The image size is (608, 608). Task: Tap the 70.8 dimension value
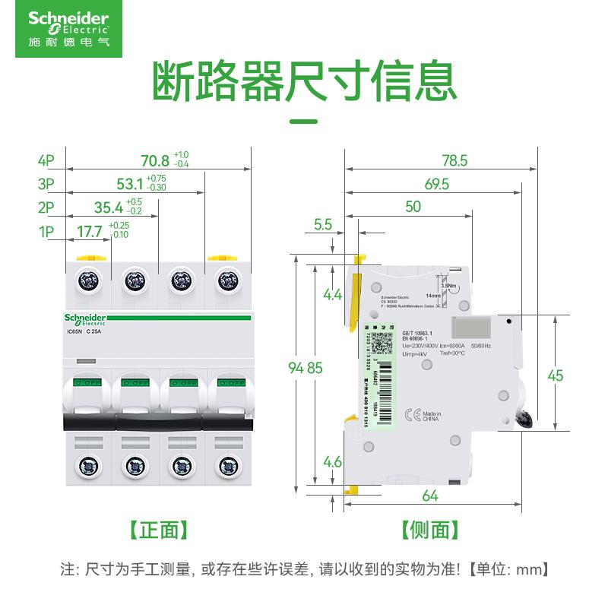point(155,161)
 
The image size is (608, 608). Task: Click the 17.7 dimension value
point(90,230)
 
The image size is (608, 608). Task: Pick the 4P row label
point(46,161)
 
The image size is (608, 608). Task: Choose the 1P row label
point(46,230)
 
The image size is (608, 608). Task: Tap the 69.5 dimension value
point(436,184)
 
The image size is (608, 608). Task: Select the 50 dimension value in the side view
point(413,207)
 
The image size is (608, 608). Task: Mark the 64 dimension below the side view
point(430,496)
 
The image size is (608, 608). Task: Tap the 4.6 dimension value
point(332,461)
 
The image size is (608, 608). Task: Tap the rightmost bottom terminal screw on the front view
point(226,464)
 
